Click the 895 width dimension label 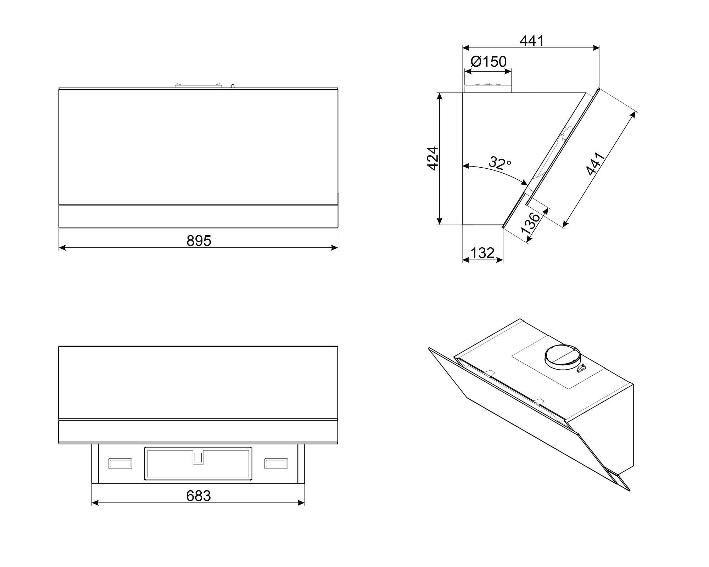[x=199, y=241]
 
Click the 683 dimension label [x=199, y=496]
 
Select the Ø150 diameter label [x=489, y=62]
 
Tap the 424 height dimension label [x=433, y=158]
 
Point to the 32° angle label [x=500, y=163]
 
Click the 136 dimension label [x=531, y=223]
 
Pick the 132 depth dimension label [x=482, y=253]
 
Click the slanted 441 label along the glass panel [x=596, y=164]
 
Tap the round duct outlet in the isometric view [x=562, y=358]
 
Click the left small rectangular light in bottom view [x=120, y=463]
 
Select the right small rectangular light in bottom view [x=276, y=463]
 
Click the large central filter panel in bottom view [x=198, y=464]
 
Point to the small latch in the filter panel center [x=198, y=457]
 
